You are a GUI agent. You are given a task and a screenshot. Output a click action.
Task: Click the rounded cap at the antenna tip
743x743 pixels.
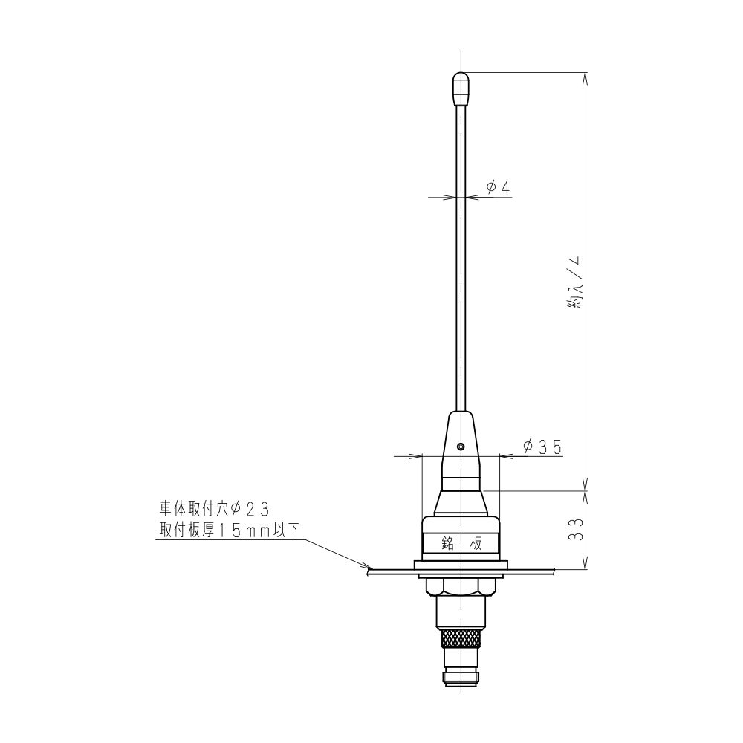[461, 88]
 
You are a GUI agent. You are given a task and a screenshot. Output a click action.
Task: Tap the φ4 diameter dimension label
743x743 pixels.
[499, 188]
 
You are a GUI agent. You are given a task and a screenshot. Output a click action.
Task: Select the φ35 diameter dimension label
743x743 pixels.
[541, 447]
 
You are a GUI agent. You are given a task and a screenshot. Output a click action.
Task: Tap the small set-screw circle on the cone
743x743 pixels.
[461, 447]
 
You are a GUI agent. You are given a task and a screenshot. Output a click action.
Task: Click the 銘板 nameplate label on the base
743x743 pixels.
[461, 543]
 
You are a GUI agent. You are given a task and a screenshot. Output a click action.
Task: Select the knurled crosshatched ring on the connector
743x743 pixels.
[461, 637]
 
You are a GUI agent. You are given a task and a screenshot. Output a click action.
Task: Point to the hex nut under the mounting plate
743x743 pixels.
[461, 586]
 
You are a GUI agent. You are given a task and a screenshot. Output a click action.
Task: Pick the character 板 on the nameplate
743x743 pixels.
[477, 543]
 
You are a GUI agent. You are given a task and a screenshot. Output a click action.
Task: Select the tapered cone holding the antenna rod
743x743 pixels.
[461, 438]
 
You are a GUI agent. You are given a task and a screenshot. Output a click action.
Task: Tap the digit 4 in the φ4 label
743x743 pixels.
[505, 188]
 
